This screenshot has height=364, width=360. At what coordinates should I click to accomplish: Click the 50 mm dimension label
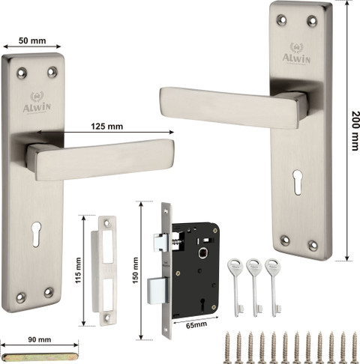point(32,40)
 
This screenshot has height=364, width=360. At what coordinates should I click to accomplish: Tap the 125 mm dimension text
point(106,127)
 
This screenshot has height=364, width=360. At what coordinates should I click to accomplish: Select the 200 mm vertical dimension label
point(355,130)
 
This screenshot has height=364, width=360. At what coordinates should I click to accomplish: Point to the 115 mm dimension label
point(79,270)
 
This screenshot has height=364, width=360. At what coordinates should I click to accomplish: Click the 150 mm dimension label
point(135,270)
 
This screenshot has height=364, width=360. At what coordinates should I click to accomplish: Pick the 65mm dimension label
point(196,325)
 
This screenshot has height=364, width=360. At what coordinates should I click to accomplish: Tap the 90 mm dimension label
point(40,339)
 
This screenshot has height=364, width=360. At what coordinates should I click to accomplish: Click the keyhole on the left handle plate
point(37,234)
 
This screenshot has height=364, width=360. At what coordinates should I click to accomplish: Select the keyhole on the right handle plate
point(297,182)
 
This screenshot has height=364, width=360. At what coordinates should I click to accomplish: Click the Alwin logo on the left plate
point(37,103)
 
